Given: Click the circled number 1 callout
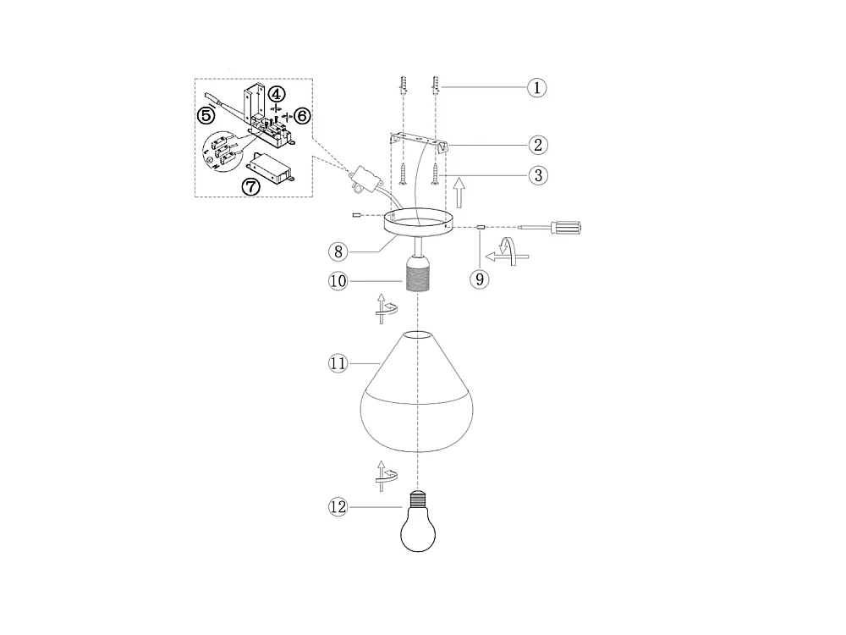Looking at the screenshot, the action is (x=537, y=87).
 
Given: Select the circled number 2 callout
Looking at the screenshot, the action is (x=538, y=145).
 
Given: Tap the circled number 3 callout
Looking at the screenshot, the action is (x=538, y=175).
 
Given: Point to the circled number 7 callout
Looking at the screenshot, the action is (x=251, y=187).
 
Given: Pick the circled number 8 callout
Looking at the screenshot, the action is (x=338, y=251).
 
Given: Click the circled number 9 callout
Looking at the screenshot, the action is (x=480, y=279).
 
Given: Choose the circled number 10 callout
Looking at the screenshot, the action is (x=338, y=281).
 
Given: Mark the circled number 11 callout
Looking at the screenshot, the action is (x=338, y=363).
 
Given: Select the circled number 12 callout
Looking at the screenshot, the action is (x=338, y=507).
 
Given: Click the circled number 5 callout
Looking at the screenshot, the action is (x=206, y=115).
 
